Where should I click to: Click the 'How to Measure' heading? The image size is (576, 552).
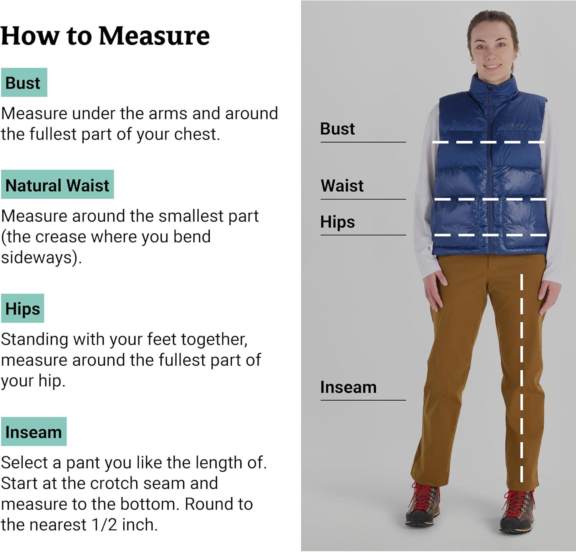click(105, 36)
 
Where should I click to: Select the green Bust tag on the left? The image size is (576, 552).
click(24, 83)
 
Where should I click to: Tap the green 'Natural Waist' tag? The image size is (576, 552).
click(58, 185)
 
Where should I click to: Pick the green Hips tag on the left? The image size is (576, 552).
click(23, 308)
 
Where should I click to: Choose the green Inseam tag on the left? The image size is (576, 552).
click(34, 432)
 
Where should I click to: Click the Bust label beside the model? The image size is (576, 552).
click(338, 129)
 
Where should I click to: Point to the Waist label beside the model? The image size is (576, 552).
click(342, 186)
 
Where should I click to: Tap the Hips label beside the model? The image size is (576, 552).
click(338, 222)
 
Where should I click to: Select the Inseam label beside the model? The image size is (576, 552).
click(348, 387)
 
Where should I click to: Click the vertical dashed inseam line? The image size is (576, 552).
click(521, 378)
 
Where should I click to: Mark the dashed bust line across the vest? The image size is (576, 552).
click(488, 142)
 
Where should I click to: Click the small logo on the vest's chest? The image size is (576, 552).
click(516, 125)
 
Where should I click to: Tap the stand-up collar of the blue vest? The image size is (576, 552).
click(493, 84)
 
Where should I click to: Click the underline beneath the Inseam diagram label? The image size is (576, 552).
click(363, 400)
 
